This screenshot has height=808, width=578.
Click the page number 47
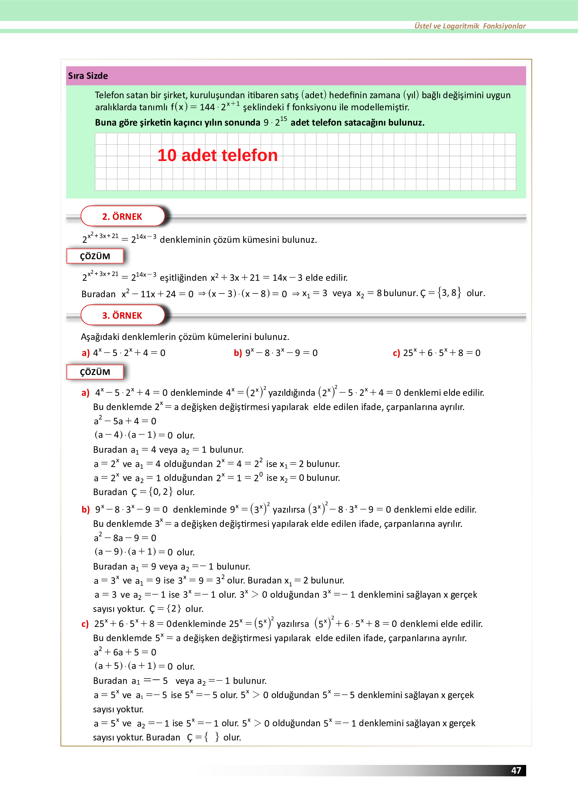click(516, 770)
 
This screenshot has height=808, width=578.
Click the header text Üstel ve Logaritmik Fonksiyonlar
click(470, 26)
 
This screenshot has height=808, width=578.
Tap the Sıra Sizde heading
click(88, 76)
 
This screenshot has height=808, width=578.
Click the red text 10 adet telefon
click(217, 156)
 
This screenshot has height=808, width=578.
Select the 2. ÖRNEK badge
click(122, 217)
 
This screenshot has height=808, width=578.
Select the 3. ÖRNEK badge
click(122, 315)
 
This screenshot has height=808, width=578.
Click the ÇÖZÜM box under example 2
click(95, 256)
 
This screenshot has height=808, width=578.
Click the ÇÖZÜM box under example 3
click(95, 372)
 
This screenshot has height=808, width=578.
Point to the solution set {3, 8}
click(449, 293)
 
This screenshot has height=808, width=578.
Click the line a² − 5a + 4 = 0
click(125, 421)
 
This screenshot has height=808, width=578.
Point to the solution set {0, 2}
click(161, 492)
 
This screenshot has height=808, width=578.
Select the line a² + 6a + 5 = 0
click(125, 652)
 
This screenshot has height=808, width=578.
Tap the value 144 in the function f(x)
click(207, 107)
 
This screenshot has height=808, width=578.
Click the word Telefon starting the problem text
click(109, 95)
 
